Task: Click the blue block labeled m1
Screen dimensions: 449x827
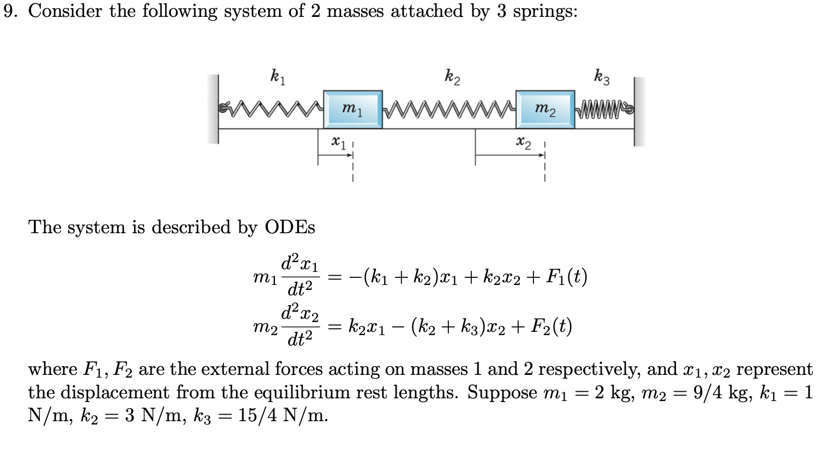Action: point(352,110)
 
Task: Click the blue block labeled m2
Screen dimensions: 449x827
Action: point(545,110)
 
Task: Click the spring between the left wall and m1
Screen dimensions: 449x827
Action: point(271,108)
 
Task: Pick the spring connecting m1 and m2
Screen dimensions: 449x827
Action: point(448,108)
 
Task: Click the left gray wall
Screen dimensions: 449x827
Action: point(213,109)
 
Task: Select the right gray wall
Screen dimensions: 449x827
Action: point(639,111)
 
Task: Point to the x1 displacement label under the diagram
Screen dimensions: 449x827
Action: point(338,142)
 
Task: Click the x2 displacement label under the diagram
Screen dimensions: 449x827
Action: point(523,142)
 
